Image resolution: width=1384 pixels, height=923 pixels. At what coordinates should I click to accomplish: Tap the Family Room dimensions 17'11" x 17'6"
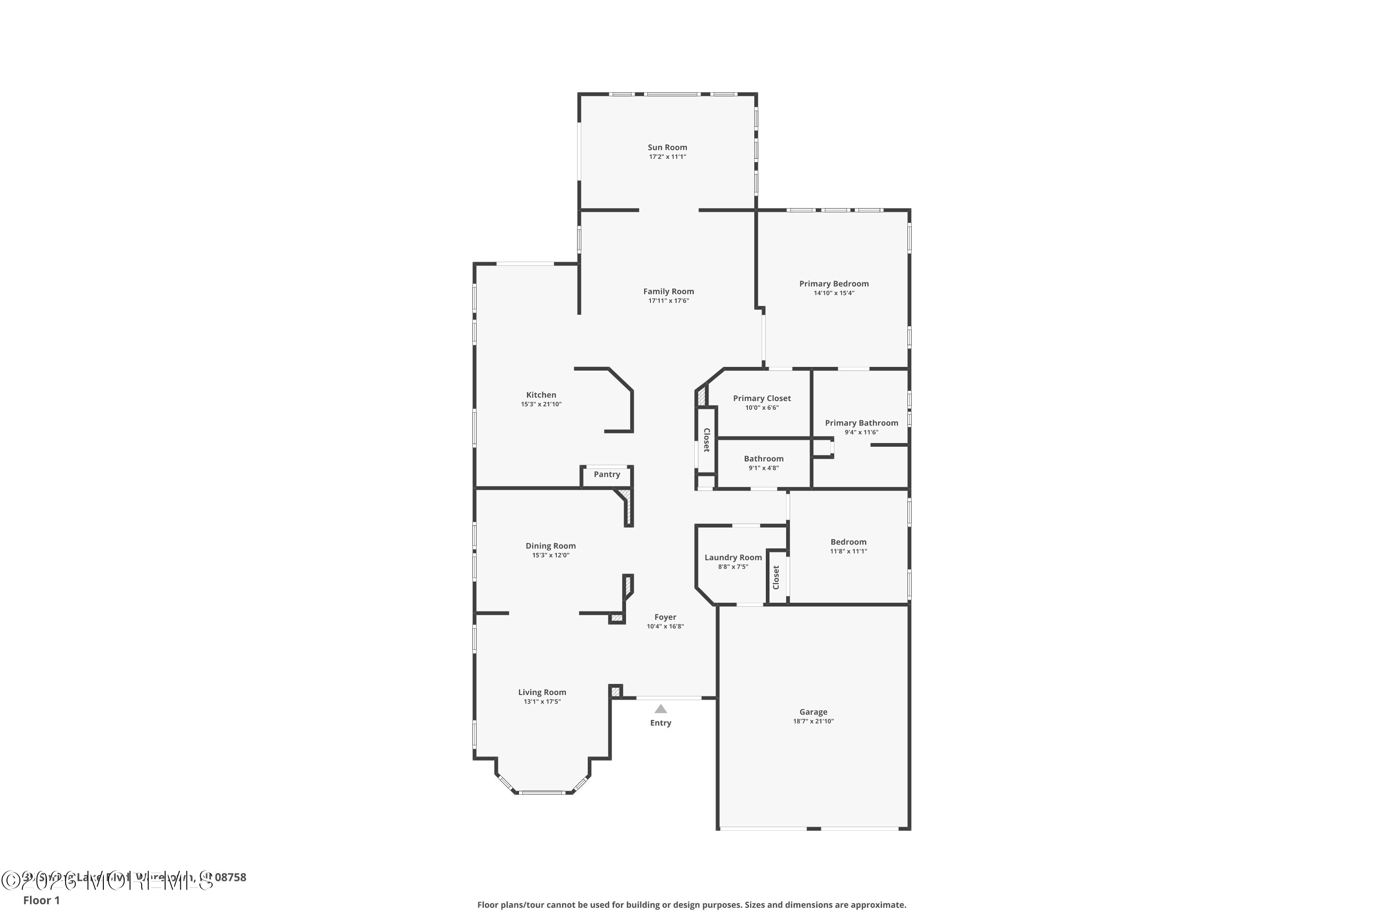(668, 301)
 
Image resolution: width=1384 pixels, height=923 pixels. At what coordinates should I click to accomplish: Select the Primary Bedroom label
(834, 284)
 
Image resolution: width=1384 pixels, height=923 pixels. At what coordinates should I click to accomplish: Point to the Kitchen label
(541, 395)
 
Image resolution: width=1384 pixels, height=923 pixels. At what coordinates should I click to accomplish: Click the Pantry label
(607, 474)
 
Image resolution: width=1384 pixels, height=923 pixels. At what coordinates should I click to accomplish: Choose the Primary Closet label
(762, 399)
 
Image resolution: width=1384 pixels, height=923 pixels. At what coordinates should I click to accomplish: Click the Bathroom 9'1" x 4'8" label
(764, 459)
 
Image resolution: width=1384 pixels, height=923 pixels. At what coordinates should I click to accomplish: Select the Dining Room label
(550, 545)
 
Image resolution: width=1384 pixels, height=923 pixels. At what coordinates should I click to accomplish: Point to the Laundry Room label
(733, 557)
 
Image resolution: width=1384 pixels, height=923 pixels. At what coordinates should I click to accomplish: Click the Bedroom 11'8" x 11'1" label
(848, 542)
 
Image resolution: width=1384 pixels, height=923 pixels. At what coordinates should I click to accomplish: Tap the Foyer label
(666, 617)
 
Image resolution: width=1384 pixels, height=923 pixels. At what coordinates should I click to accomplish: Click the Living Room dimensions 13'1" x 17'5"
(542, 701)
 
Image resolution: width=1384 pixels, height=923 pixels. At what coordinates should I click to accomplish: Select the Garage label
(813, 712)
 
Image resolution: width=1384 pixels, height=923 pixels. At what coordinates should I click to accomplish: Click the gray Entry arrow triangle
(661, 709)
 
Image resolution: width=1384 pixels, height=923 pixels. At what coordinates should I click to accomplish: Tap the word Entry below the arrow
(661, 723)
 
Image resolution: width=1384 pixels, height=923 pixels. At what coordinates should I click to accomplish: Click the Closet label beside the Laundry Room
(776, 577)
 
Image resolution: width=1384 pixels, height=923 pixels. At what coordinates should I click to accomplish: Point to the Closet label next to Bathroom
(707, 440)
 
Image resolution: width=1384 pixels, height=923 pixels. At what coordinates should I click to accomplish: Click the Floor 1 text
(41, 900)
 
